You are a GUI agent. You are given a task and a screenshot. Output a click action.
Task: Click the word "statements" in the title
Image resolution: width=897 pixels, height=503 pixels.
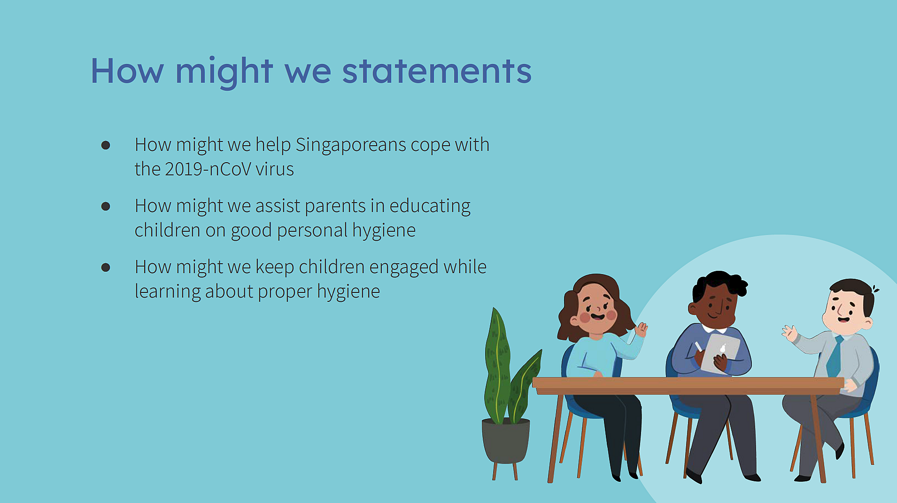click(x=437, y=71)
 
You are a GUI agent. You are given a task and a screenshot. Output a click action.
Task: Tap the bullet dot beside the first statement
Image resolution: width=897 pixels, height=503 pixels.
click(x=106, y=145)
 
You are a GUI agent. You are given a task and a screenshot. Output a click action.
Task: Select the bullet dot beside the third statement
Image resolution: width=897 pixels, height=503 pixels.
click(x=106, y=267)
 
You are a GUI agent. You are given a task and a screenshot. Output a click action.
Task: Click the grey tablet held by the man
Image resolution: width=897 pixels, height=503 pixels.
click(x=720, y=353)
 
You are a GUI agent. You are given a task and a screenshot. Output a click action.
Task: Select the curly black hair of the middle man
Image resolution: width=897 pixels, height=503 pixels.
click(x=719, y=283)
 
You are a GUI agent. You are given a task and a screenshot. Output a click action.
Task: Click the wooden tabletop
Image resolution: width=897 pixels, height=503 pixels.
click(x=688, y=385)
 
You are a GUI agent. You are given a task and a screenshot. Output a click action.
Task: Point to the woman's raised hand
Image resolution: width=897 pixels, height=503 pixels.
click(x=641, y=329)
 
